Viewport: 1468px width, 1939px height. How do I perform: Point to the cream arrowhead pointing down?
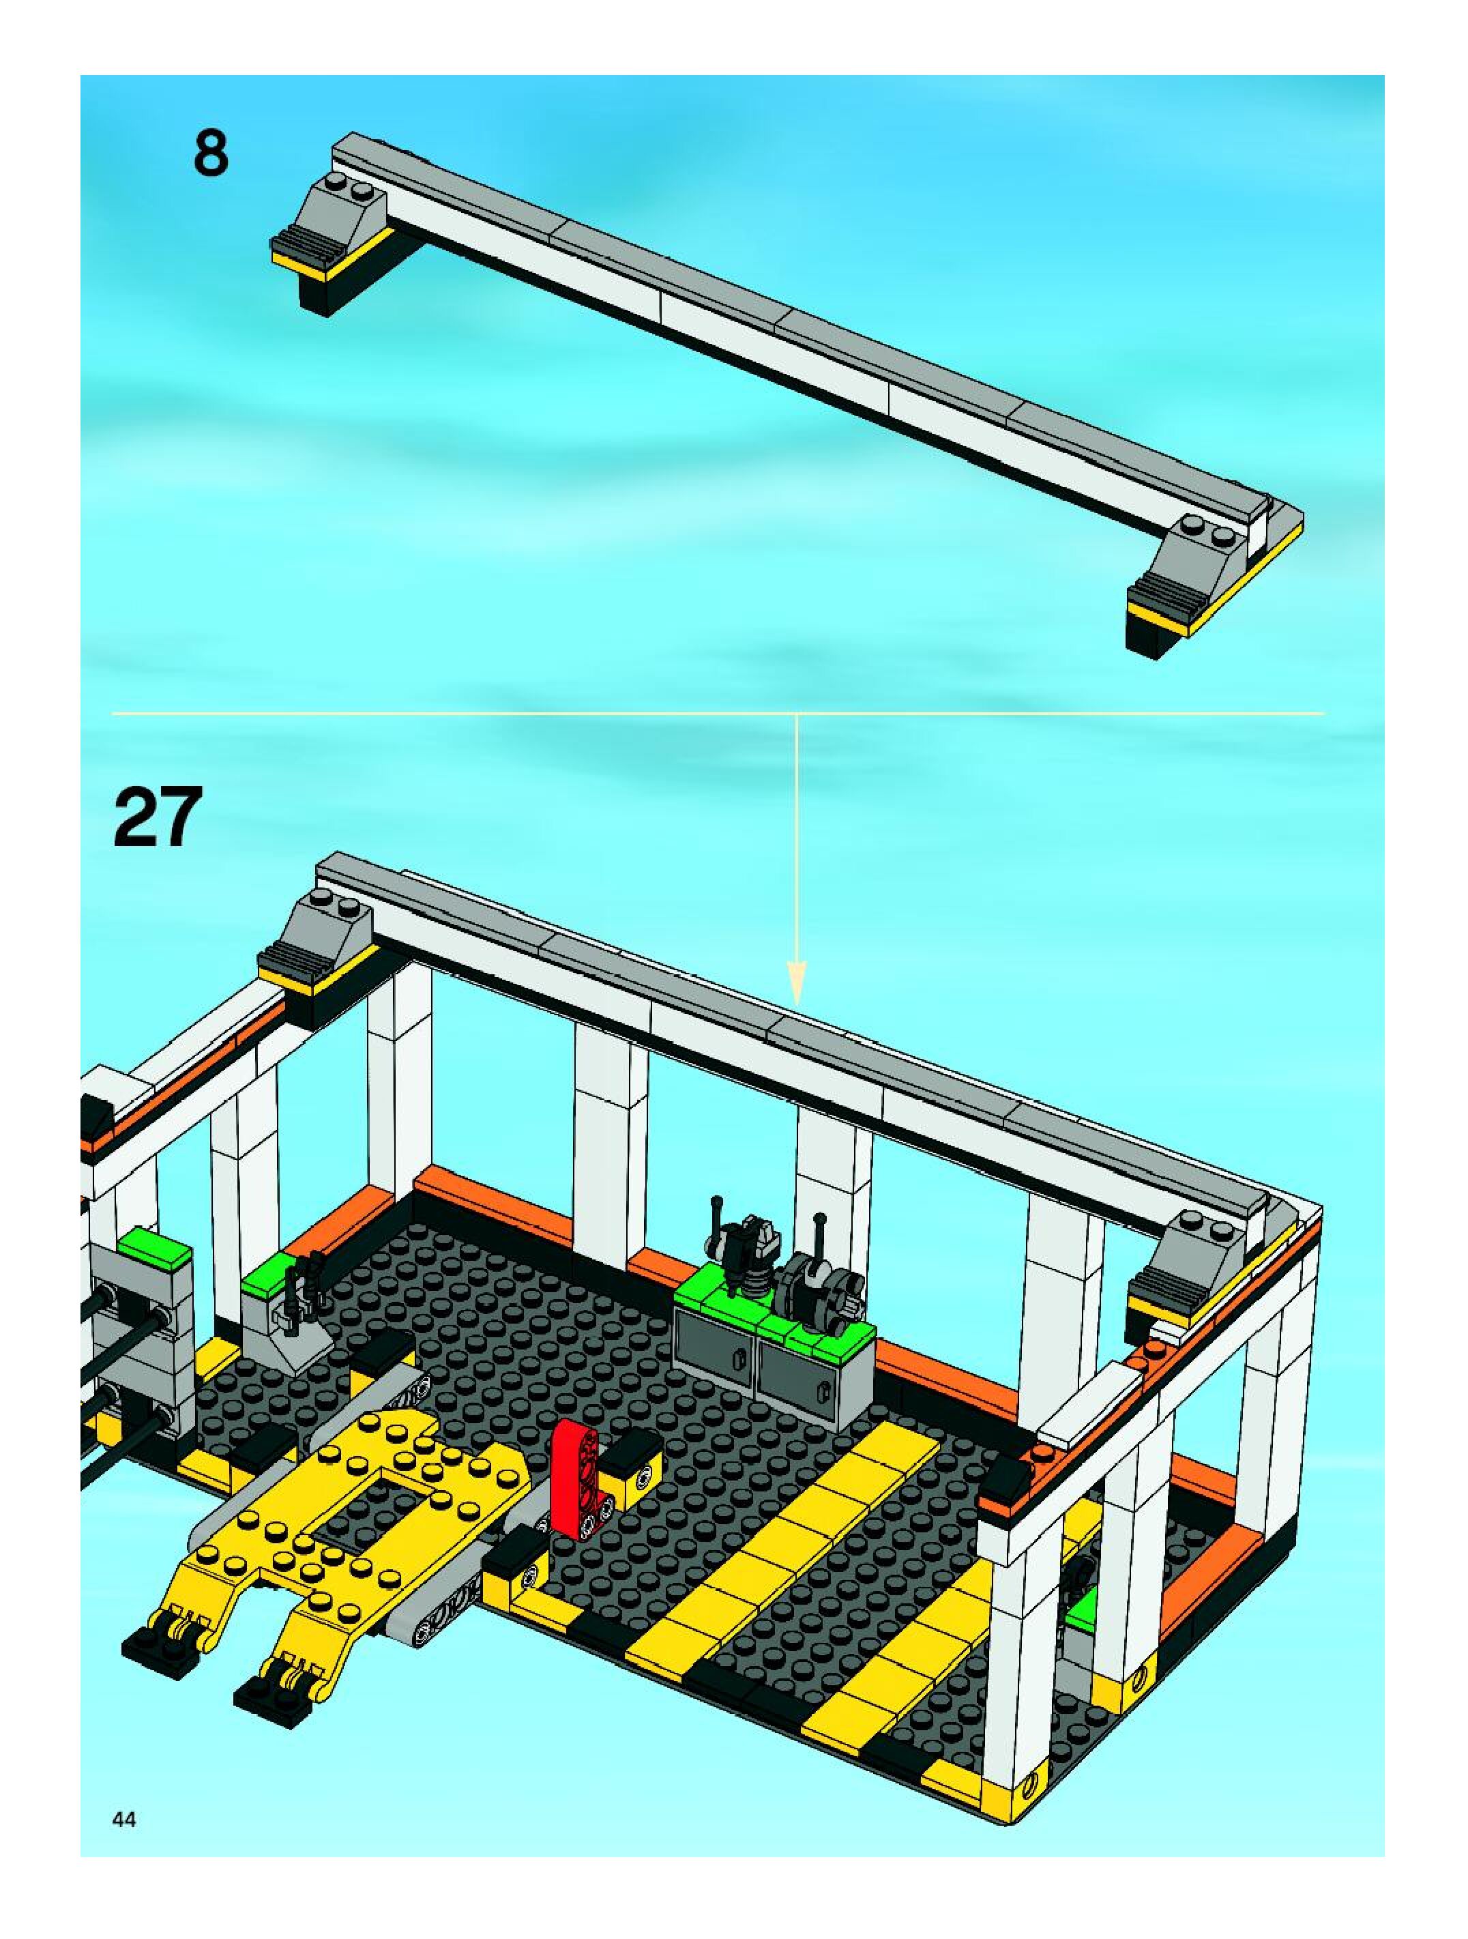coord(797,982)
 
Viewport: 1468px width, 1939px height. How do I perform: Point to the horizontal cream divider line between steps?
coord(718,714)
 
